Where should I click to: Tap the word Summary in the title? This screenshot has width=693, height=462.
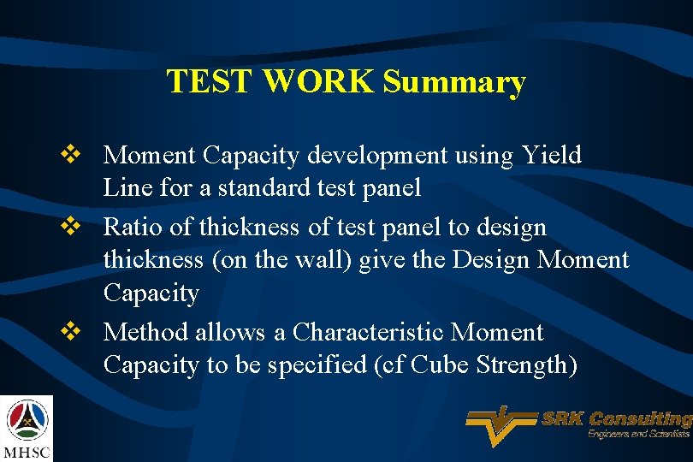tap(454, 82)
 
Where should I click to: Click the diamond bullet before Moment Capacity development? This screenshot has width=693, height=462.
tap(72, 155)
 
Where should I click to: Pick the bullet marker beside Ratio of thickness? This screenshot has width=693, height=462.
tap(72, 227)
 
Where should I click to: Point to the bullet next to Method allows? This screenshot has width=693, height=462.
tap(72, 332)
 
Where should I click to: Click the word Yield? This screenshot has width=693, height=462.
tap(551, 155)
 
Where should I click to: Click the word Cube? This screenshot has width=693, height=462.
tap(441, 365)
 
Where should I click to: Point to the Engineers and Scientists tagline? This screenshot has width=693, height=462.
tap(637, 435)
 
